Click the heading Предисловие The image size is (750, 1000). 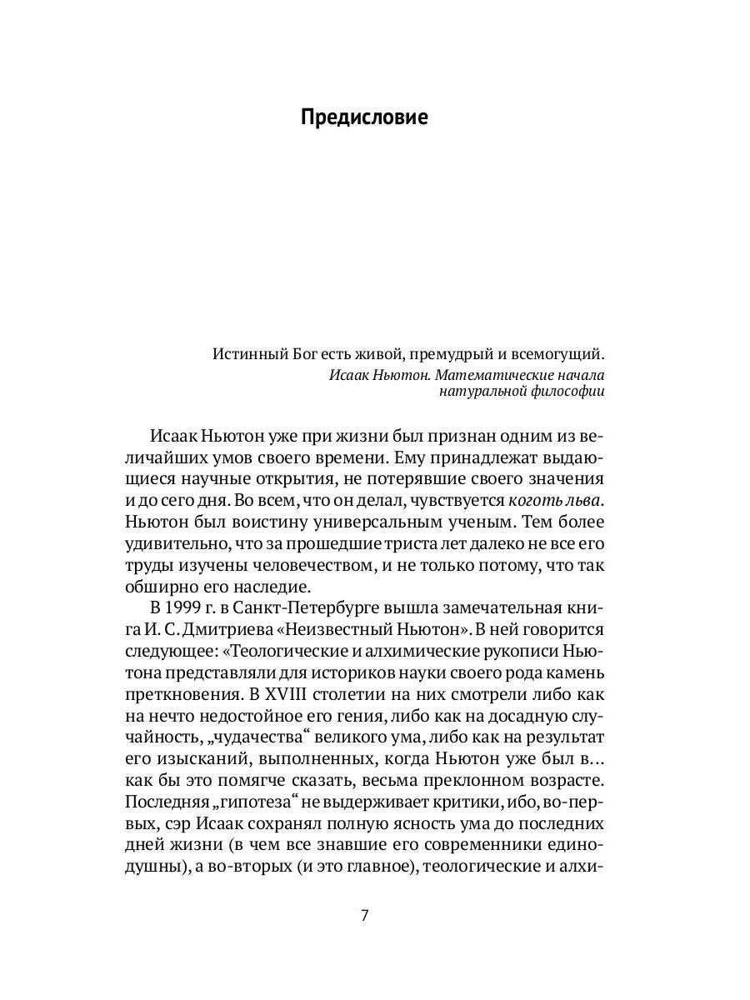point(364,117)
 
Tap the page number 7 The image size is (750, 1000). point(364,915)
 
